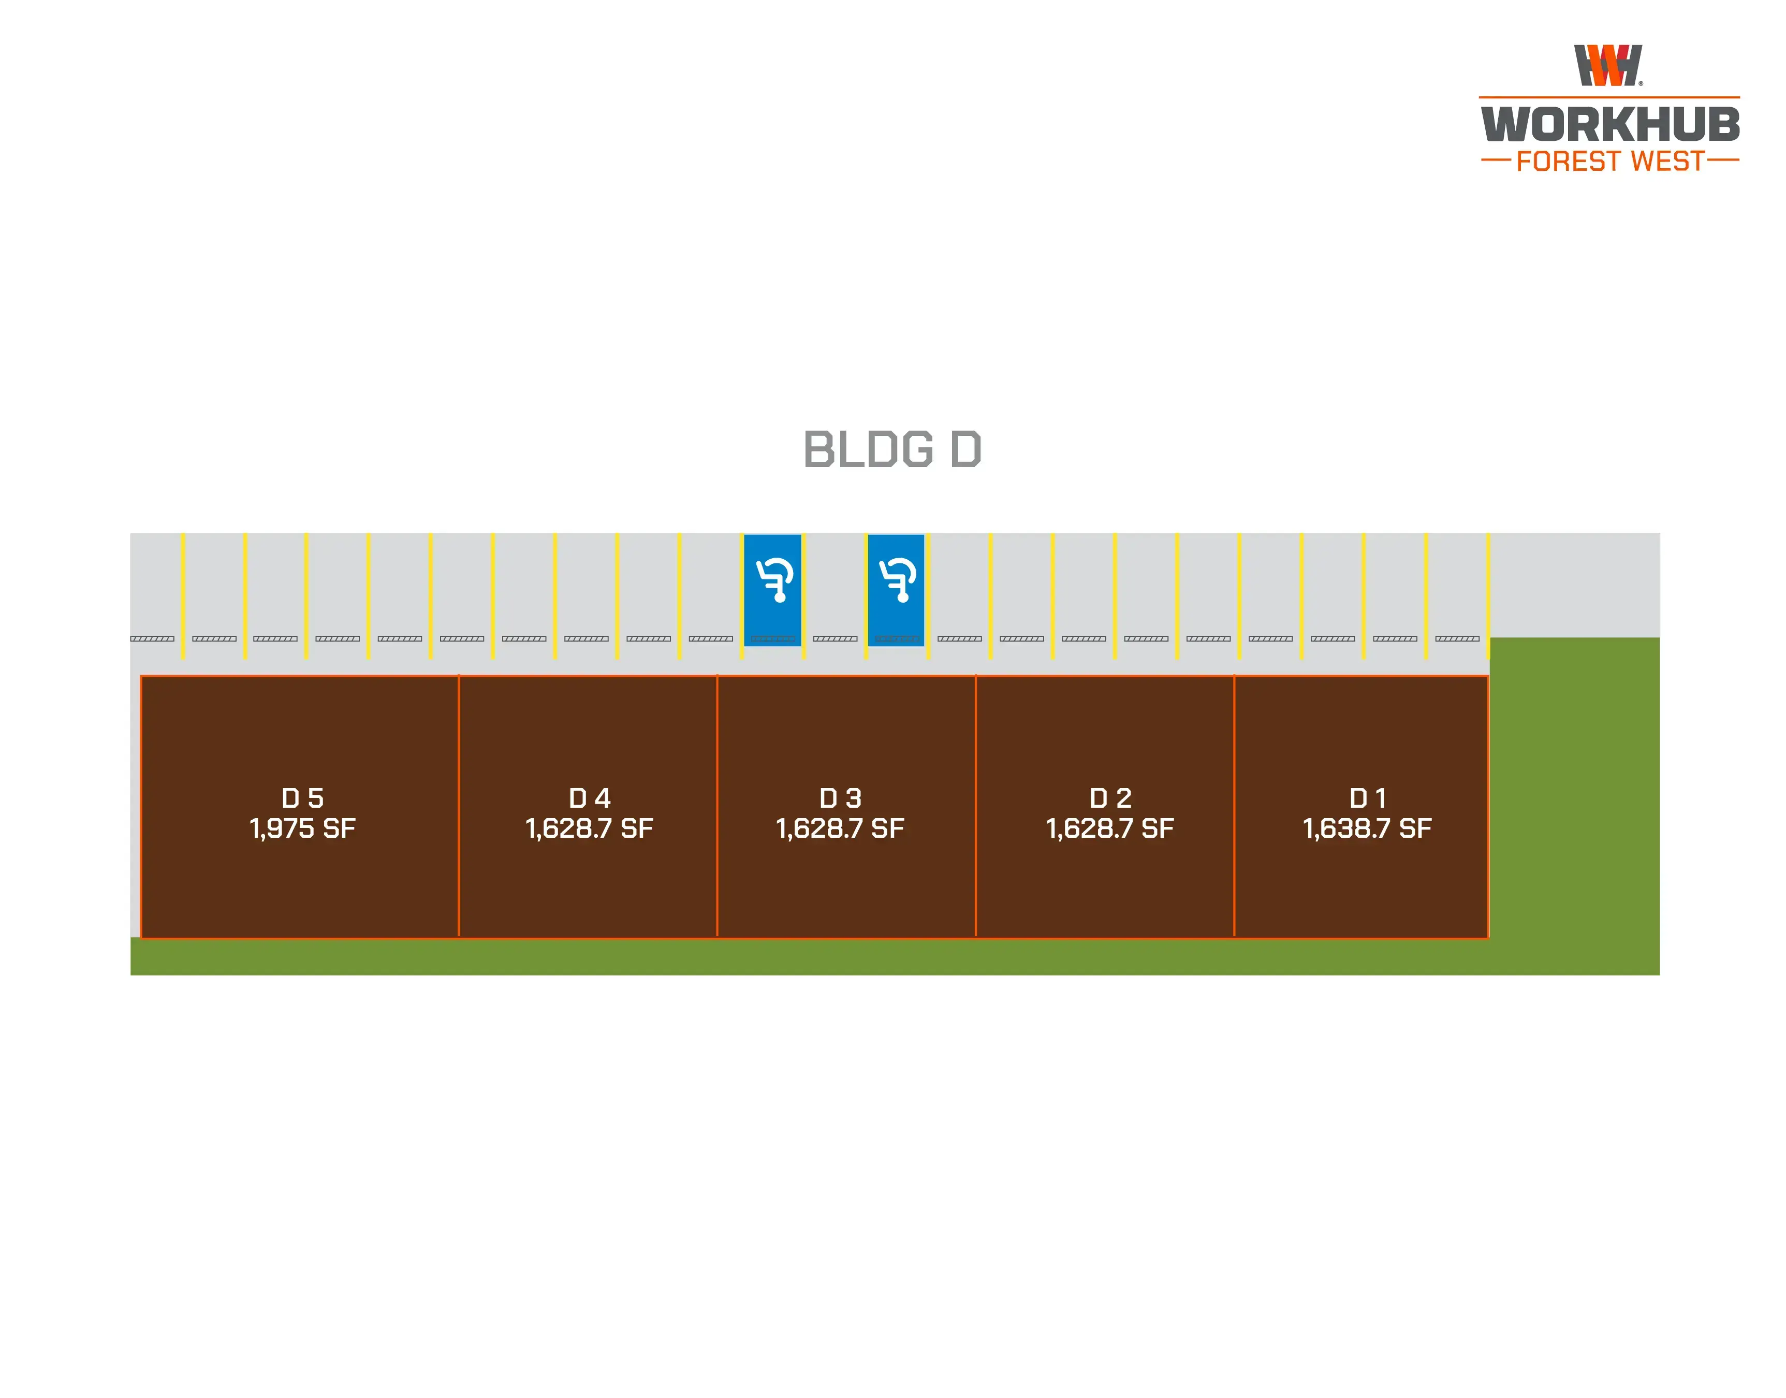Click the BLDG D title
(892, 449)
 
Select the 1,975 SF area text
(303, 828)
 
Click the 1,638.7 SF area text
(1367, 828)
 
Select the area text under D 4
(590, 828)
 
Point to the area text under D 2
(1110, 828)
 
